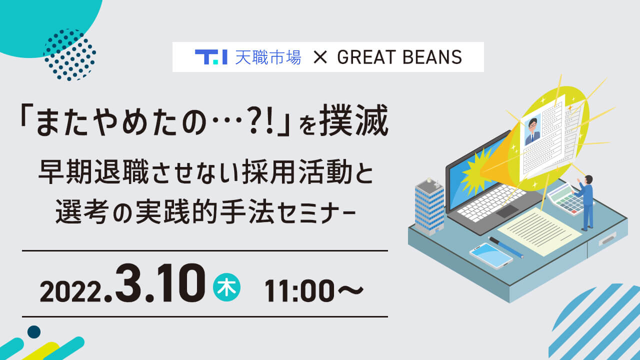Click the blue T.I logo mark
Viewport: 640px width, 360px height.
[x=211, y=57]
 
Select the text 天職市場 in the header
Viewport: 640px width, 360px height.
[x=268, y=57]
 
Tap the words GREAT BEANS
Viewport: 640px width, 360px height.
[x=399, y=57]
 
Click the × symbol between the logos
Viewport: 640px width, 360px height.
[x=320, y=57]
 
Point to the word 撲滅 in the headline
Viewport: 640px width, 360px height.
[x=353, y=119]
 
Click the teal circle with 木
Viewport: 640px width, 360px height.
[x=226, y=287]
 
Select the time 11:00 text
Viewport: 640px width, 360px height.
[x=299, y=290]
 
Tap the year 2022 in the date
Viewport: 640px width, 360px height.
[x=71, y=291]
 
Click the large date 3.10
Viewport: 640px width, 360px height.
[x=160, y=283]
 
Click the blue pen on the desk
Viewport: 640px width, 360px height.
[x=506, y=247]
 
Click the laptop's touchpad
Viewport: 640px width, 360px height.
[x=507, y=211]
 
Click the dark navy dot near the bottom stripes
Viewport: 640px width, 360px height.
[x=34, y=332]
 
